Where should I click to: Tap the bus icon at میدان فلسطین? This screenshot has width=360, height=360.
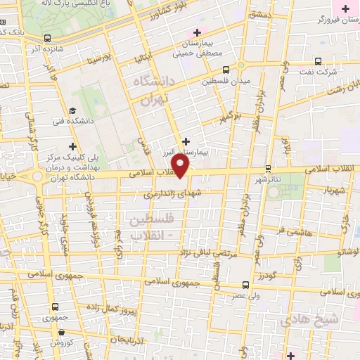226,70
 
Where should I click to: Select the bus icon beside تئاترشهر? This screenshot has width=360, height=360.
268,169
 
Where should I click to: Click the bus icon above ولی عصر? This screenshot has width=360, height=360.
245,285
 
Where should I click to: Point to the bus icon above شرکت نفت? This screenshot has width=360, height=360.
319,61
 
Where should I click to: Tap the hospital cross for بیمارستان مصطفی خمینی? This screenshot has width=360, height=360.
198,32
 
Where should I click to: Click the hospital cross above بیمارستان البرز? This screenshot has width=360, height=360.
186,141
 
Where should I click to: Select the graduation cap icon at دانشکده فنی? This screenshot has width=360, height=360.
73,111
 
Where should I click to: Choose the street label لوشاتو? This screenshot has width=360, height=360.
347,251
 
